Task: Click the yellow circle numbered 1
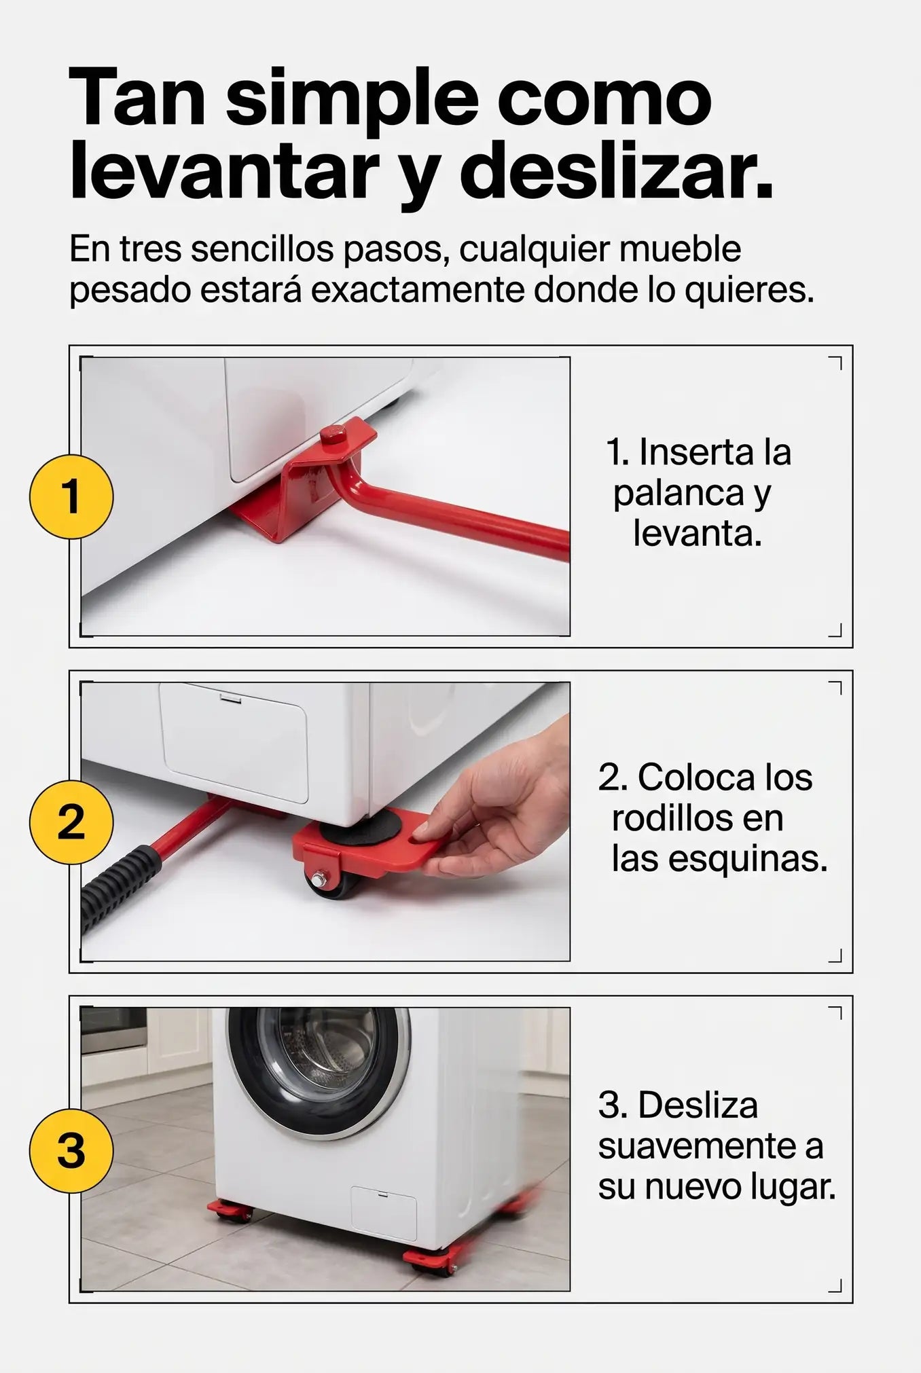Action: [71, 496]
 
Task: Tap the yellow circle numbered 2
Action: [71, 822]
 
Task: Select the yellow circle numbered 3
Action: [71, 1150]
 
